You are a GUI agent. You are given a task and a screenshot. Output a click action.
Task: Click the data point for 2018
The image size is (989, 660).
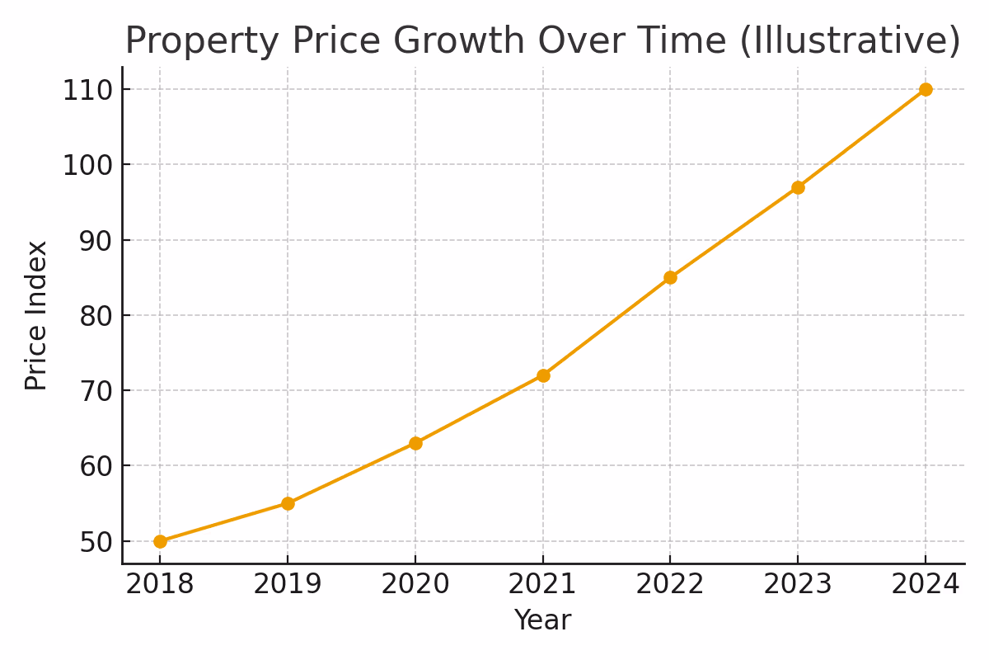(x=160, y=541)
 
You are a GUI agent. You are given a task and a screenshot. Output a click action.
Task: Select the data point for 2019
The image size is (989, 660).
(x=288, y=503)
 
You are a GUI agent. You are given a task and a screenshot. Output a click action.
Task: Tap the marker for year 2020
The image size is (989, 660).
(x=415, y=443)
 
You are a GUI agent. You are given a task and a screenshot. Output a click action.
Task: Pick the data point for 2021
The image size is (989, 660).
(x=543, y=375)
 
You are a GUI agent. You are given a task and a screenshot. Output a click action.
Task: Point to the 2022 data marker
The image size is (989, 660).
(x=670, y=277)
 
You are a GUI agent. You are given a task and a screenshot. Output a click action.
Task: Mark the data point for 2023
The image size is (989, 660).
(x=798, y=187)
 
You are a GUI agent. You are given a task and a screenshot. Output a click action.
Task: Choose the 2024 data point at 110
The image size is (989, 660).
(x=926, y=89)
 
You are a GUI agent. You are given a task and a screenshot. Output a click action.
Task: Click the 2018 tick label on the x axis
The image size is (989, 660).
(x=160, y=584)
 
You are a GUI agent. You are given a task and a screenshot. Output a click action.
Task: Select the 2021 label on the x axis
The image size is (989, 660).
(x=543, y=584)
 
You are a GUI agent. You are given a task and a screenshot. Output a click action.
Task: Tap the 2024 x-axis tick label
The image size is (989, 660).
(x=926, y=584)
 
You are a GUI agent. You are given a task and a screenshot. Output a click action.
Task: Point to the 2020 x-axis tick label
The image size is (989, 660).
(x=415, y=584)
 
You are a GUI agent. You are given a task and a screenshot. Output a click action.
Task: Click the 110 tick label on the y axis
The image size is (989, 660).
(x=87, y=90)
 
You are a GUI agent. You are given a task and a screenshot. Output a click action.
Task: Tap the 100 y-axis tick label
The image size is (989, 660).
(x=87, y=165)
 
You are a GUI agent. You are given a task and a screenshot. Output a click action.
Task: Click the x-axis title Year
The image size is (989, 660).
(x=542, y=620)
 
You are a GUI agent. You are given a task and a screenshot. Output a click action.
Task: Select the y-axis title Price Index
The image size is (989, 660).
(x=36, y=315)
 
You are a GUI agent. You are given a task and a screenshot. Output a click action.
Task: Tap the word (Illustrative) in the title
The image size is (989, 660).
(x=850, y=41)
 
